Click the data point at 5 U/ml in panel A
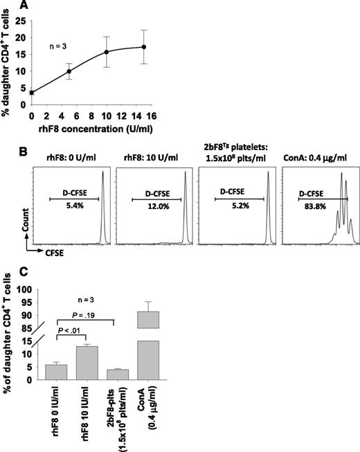tap(68, 71)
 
